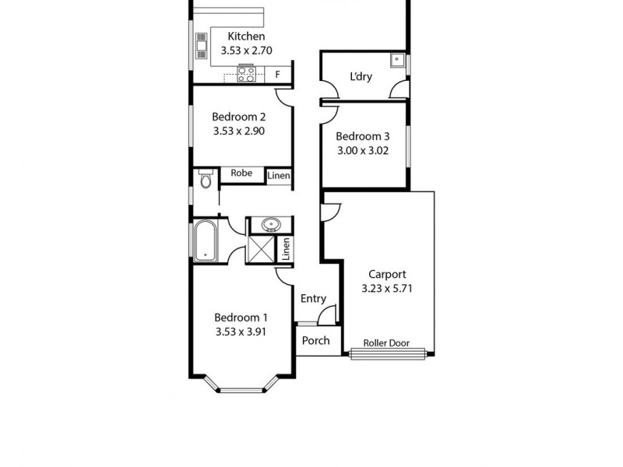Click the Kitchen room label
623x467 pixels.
tap(246, 37)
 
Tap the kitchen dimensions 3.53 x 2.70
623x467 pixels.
tap(246, 51)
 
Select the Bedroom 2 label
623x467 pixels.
tap(239, 118)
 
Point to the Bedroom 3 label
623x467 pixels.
tap(362, 135)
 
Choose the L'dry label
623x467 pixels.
tap(362, 76)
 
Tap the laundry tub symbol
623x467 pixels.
tap(397, 60)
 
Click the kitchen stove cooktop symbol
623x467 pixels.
tap(246, 75)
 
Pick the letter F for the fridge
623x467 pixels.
tap(278, 75)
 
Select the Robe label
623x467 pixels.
tap(241, 174)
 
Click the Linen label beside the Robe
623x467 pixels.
tap(279, 177)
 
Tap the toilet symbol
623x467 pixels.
tap(205, 179)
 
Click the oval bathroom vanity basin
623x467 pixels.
tap(272, 225)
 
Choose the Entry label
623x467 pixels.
tap(313, 299)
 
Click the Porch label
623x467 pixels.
tap(316, 340)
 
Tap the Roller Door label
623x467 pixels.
tap(386, 343)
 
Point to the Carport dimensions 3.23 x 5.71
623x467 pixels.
tap(387, 288)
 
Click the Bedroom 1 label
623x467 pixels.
tap(241, 318)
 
